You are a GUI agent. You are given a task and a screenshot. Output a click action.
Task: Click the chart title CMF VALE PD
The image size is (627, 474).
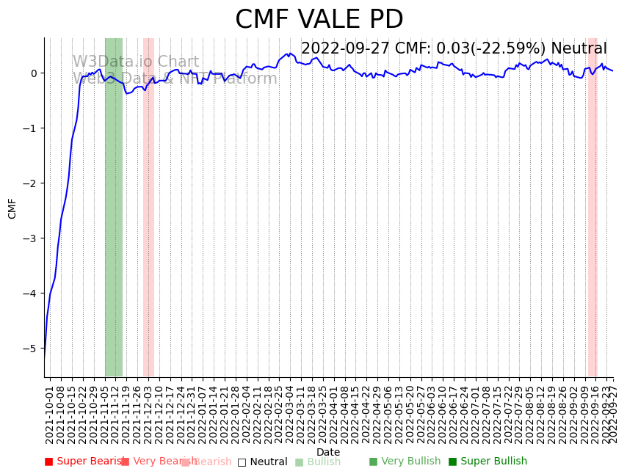pos(319,20)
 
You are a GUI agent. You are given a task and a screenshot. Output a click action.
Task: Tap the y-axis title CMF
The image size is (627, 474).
pos(12,208)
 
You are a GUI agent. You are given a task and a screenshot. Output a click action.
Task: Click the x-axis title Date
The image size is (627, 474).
pos(328,452)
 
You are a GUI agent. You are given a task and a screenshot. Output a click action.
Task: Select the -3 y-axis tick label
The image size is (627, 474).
pos(33,238)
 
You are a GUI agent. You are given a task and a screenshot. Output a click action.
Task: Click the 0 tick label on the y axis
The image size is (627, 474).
pos(35,73)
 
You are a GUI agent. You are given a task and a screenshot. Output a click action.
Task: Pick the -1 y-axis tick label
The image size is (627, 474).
pos(33,128)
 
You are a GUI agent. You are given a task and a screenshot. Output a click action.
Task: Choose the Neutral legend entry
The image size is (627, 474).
pos(263,462)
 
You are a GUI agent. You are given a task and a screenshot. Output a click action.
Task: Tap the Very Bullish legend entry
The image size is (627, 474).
pos(405,462)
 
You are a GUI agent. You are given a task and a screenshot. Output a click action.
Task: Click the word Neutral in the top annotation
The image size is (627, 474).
pos(579,48)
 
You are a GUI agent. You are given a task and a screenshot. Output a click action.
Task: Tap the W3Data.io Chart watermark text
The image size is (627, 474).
pos(135,62)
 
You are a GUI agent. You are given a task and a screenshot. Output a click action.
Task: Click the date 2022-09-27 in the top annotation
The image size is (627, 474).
pos(346,48)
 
